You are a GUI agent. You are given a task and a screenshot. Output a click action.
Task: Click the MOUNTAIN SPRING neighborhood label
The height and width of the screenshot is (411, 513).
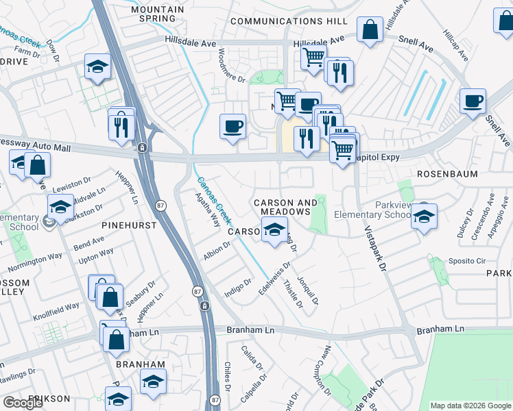158,14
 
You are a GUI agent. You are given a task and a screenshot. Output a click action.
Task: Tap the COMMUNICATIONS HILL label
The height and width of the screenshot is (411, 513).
289,21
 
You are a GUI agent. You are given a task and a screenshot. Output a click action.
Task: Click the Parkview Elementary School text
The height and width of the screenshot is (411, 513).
372,210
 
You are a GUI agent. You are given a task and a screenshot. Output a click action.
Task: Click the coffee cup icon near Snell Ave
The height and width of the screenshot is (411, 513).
473,102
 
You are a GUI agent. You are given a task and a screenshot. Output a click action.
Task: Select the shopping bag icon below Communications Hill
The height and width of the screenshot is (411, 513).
370,30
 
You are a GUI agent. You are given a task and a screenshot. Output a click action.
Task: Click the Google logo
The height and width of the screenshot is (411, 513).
24,403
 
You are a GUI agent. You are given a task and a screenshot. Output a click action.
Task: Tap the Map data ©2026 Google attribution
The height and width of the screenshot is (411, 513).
470,406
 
